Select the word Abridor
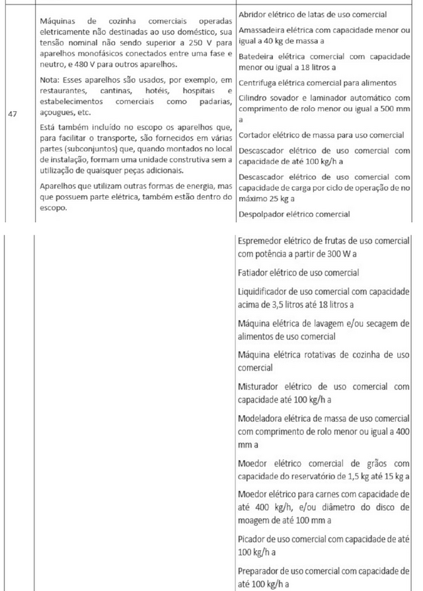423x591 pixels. pos(253,15)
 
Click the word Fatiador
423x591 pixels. pos(255,272)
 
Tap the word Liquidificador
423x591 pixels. pos(265,292)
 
